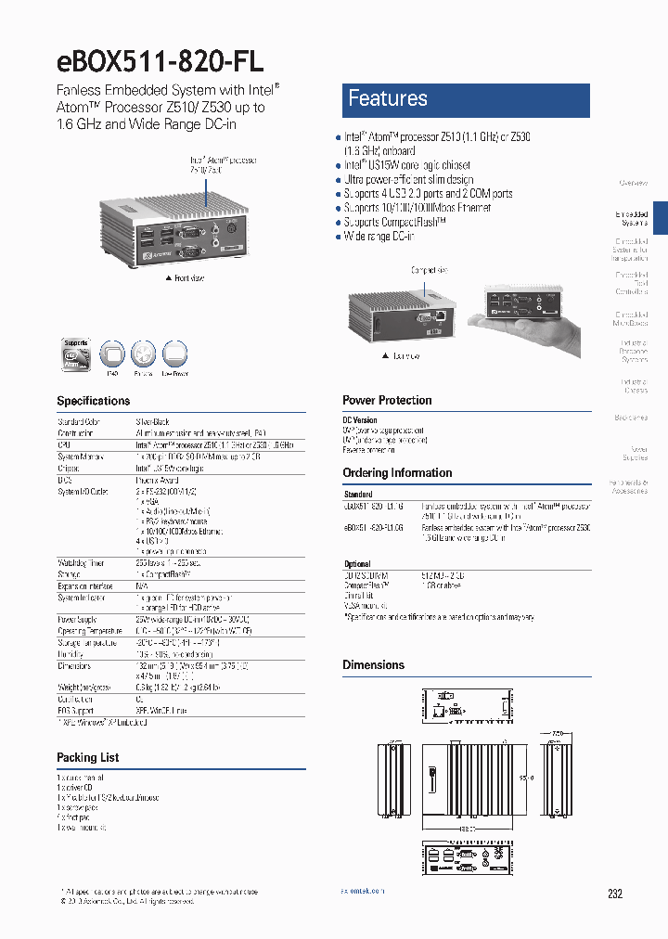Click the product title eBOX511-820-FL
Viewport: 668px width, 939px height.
[x=161, y=60]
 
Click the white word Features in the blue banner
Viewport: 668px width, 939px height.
[x=387, y=98]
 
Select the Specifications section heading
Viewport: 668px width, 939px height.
[x=94, y=401]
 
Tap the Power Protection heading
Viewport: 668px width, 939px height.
[x=387, y=401]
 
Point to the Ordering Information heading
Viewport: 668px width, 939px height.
[x=397, y=473]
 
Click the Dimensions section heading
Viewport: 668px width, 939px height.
[x=373, y=665]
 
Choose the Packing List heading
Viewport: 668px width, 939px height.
[x=88, y=758]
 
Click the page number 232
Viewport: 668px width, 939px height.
[x=615, y=894]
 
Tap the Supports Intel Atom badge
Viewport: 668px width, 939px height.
[x=76, y=354]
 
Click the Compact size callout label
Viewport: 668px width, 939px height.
[x=429, y=270]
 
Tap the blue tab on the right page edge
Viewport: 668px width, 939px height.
[x=661, y=219]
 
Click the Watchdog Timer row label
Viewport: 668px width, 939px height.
[x=82, y=563]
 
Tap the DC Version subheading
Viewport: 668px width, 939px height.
[x=360, y=420]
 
